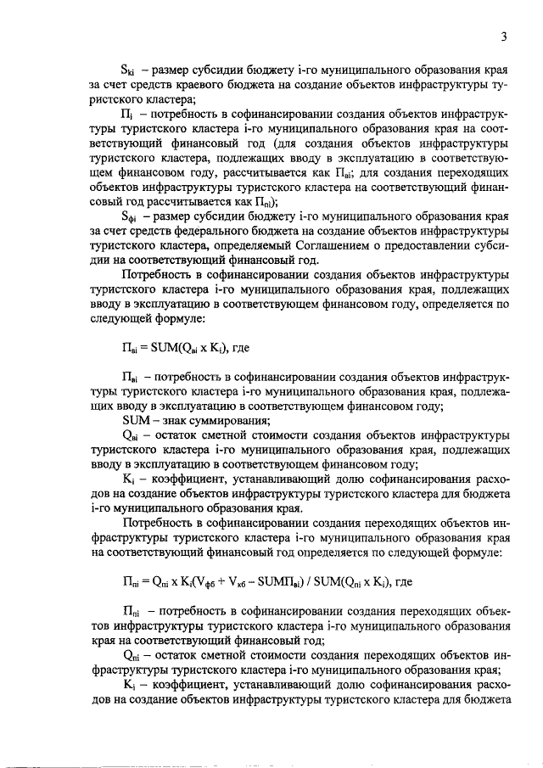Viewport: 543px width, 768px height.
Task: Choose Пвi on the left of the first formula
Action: coord(131,347)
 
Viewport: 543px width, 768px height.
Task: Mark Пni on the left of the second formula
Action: coord(131,582)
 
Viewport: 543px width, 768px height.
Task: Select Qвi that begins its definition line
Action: coord(132,434)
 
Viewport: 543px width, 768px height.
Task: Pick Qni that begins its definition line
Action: coord(132,655)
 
